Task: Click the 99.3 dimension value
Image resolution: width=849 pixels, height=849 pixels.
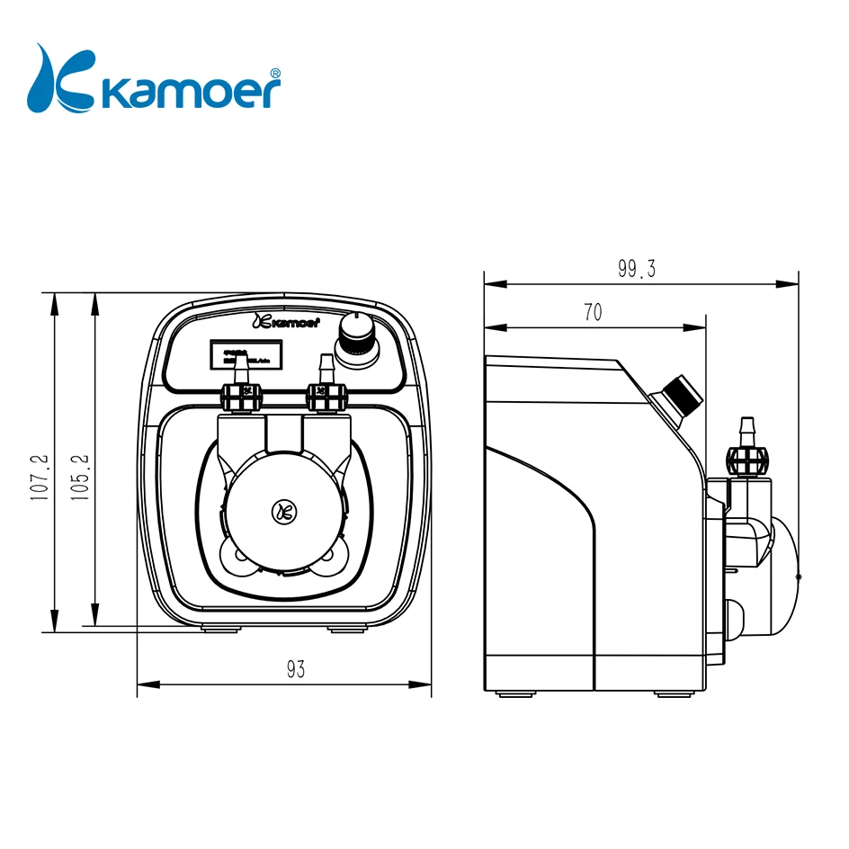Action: pos(636,268)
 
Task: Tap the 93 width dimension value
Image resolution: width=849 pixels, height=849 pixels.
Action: pos(296,668)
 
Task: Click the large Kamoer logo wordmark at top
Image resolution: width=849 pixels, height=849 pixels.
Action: pos(191,90)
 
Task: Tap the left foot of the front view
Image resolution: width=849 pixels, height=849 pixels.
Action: pos(216,630)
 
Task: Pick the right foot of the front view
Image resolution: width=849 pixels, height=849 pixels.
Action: pos(342,630)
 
